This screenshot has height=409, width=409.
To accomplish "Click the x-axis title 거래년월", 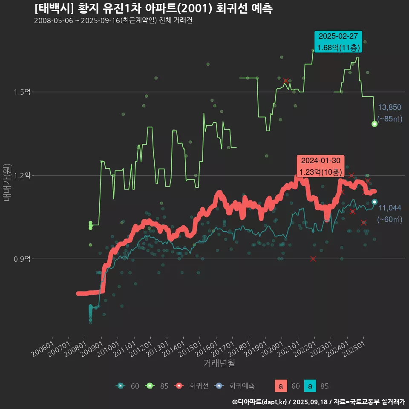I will tap(219, 363).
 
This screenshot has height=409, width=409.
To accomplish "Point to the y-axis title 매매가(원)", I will tap(7, 182).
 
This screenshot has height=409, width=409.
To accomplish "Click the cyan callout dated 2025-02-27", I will tap(338, 42).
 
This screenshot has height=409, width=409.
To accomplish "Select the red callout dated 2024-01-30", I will tap(321, 166).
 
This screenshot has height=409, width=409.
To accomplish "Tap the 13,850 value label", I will tap(389, 107).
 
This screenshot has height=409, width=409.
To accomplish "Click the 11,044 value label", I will tap(389, 208).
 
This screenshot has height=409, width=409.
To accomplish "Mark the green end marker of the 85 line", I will tap(374, 124).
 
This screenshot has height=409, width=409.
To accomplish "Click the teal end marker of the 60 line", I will tap(374, 202).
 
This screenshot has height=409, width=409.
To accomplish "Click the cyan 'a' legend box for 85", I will tap(311, 386).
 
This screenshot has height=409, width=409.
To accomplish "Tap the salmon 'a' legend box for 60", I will tap(280, 386).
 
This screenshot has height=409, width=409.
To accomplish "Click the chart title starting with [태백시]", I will tap(154, 8).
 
